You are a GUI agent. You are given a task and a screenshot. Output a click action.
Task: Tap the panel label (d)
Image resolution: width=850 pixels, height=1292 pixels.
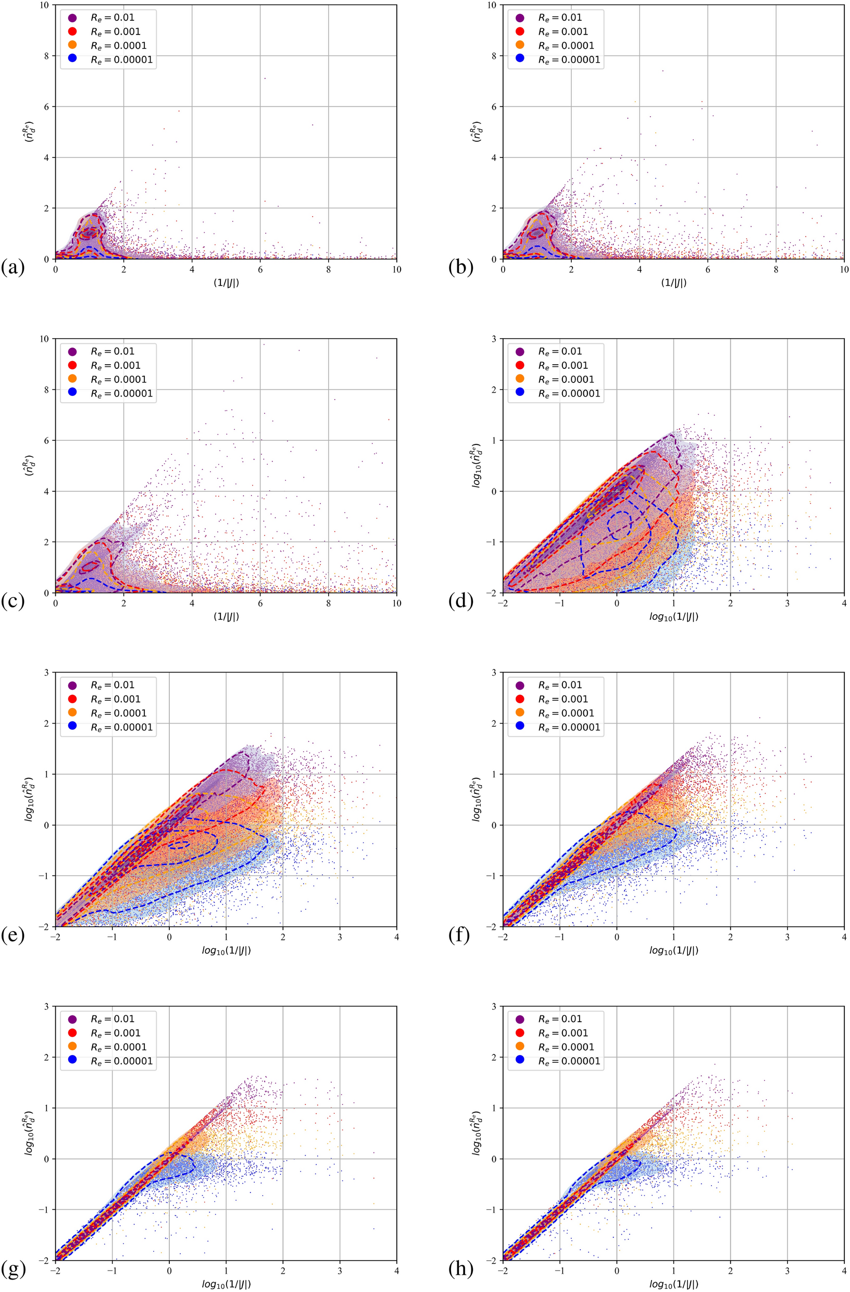point(460,602)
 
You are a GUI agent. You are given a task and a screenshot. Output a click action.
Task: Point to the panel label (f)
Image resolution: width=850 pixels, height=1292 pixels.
point(460,935)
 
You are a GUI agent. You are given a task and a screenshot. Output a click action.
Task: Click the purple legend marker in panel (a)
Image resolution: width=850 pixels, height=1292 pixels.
point(72,17)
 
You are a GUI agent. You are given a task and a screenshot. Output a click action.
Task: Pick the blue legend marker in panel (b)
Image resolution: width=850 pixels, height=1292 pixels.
point(520,60)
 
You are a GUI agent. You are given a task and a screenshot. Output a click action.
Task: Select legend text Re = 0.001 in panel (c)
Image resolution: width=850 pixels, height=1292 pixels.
point(115,365)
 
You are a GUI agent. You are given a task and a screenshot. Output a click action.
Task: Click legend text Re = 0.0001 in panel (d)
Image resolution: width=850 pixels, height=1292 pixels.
point(566,379)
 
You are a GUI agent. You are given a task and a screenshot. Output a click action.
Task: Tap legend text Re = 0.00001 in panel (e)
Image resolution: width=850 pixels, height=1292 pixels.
point(121,727)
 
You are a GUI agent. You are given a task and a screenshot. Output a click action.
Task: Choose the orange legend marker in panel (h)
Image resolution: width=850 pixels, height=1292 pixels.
point(520,1047)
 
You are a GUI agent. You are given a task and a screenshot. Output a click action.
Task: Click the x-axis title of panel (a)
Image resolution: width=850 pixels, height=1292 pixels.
point(226,283)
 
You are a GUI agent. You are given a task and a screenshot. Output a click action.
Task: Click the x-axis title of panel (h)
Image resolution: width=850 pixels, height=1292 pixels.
point(673,1284)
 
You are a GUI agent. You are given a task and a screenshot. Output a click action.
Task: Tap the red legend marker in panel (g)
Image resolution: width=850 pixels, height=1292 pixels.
point(72,1033)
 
